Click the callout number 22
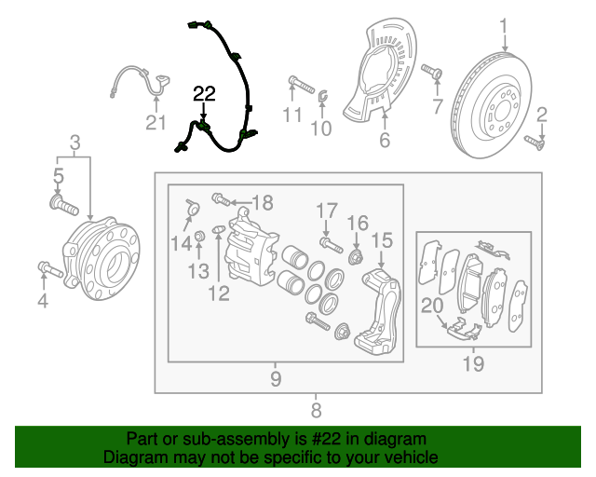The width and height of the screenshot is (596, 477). pyautogui.click(x=204, y=92)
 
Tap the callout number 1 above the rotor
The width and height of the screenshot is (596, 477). pyautogui.click(x=504, y=26)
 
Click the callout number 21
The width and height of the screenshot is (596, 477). pyautogui.click(x=155, y=122)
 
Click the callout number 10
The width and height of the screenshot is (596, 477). pyautogui.click(x=320, y=129)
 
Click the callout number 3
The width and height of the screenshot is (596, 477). pyautogui.click(x=75, y=143)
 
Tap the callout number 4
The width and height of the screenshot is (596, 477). pyautogui.click(x=42, y=300)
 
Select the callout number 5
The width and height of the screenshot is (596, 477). pyautogui.click(x=58, y=174)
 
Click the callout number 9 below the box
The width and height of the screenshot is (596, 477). pyautogui.click(x=276, y=378)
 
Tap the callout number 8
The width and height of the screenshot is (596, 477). pyautogui.click(x=316, y=409)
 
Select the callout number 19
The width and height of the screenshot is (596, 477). pyautogui.click(x=473, y=363)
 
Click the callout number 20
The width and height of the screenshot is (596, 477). pyautogui.click(x=432, y=306)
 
